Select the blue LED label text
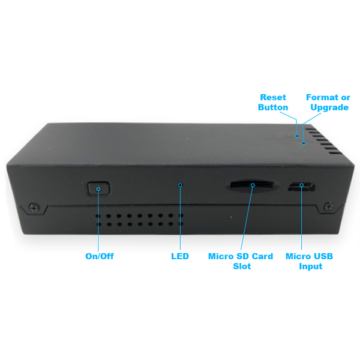[x=180, y=256]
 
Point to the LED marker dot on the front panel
[x=180, y=185]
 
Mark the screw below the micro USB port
[x=327, y=206]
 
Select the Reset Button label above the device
[x=274, y=101]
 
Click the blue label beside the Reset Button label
[x=328, y=101]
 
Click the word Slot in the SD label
[x=241, y=266]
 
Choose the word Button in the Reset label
[x=274, y=107]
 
